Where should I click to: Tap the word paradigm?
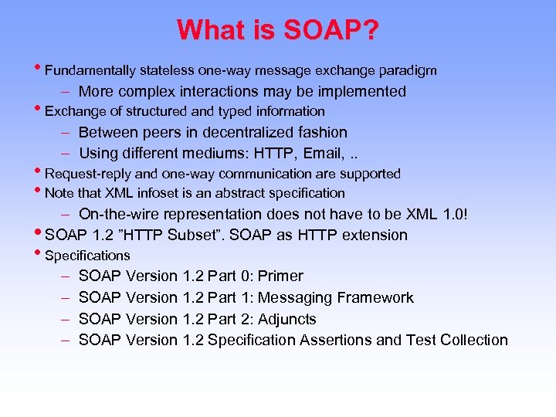(408, 71)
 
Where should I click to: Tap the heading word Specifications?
(87, 256)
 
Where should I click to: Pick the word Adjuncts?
(286, 319)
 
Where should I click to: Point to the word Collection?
(473, 340)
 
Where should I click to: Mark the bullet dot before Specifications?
(40, 254)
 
